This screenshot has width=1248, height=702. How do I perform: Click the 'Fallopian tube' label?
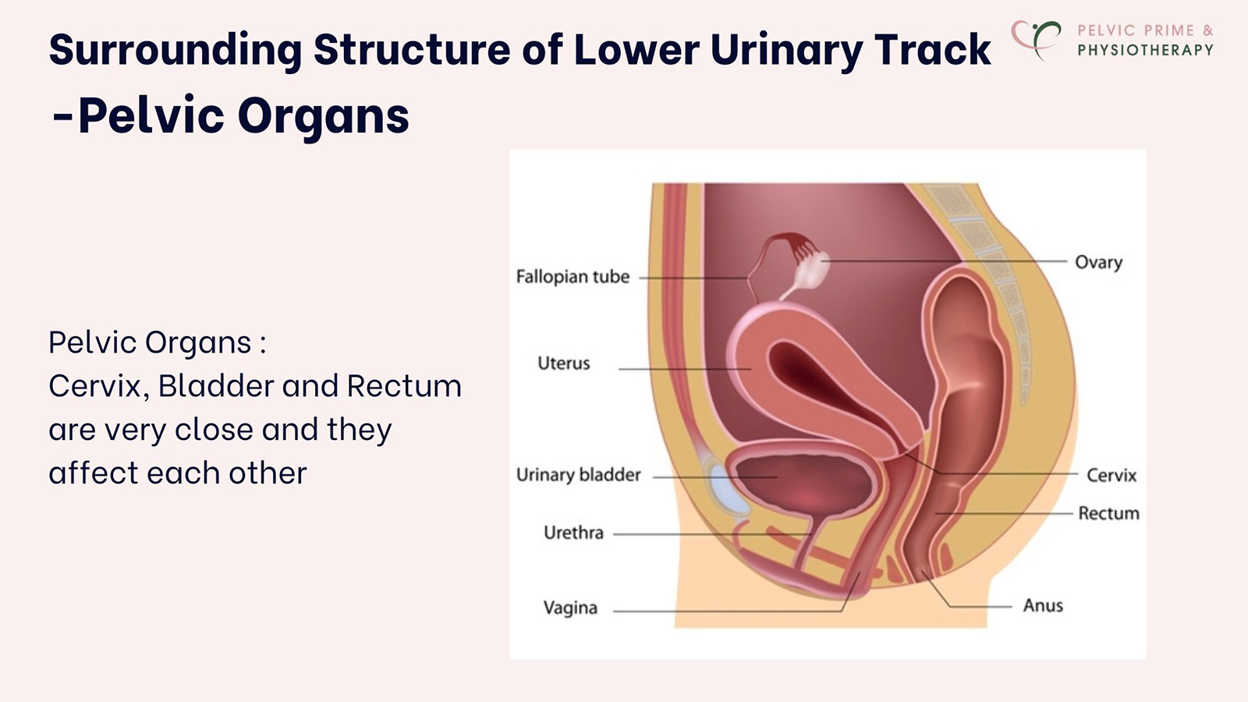coord(573,277)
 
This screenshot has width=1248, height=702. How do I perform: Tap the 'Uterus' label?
coord(564,363)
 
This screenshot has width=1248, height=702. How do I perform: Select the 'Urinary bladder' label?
coord(578,475)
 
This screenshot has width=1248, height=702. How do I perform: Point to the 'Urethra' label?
coord(573,533)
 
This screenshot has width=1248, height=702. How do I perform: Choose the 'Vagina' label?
coord(570,608)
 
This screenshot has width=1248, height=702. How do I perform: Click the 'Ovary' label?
coord(1098,262)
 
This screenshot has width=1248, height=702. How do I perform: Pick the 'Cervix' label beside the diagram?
coord(1111,475)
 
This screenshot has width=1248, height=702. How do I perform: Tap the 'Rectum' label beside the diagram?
coord(1108,513)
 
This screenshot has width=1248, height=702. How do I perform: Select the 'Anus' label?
coord(1043,605)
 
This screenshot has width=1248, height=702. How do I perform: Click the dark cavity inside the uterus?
coord(811,374)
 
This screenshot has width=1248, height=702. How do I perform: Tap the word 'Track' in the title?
coord(933,50)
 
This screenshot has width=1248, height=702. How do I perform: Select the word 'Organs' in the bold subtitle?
coord(323,116)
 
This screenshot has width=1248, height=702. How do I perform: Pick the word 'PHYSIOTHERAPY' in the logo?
coord(1145,50)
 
